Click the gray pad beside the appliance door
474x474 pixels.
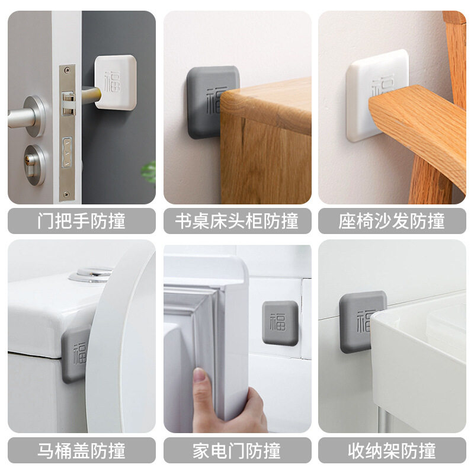pyautogui.click(x=280, y=323)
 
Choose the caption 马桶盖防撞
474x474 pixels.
pyautogui.click(x=82, y=450)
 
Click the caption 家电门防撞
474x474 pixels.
pyautogui.click(x=237, y=450)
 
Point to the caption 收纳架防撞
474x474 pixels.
pyautogui.click(x=392, y=450)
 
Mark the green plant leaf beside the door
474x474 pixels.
pyautogui.click(x=149, y=172)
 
